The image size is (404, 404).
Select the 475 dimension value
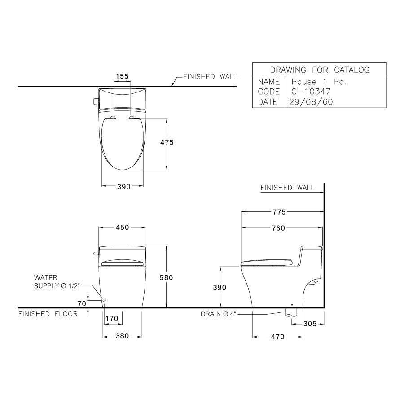(x=166, y=142)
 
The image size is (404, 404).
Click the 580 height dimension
(x=166, y=278)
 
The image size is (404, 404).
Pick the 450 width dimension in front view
(x=123, y=228)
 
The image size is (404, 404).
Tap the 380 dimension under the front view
(x=123, y=335)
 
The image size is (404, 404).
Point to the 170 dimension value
(x=112, y=318)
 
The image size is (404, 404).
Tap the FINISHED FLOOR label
(x=48, y=314)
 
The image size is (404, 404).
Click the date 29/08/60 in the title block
(x=311, y=102)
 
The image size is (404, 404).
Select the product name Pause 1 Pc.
(x=319, y=82)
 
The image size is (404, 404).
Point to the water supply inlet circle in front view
(x=104, y=300)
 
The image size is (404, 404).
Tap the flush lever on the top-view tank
(x=95, y=101)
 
